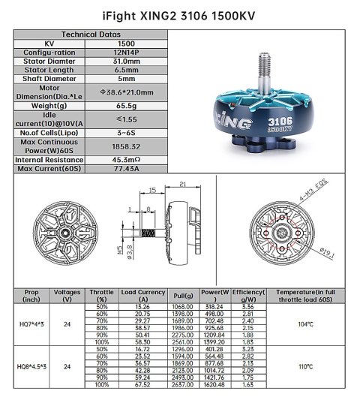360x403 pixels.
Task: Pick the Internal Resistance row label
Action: [49, 160]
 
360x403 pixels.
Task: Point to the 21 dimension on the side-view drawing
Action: [182, 183]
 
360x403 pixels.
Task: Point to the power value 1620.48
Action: [215, 385]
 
